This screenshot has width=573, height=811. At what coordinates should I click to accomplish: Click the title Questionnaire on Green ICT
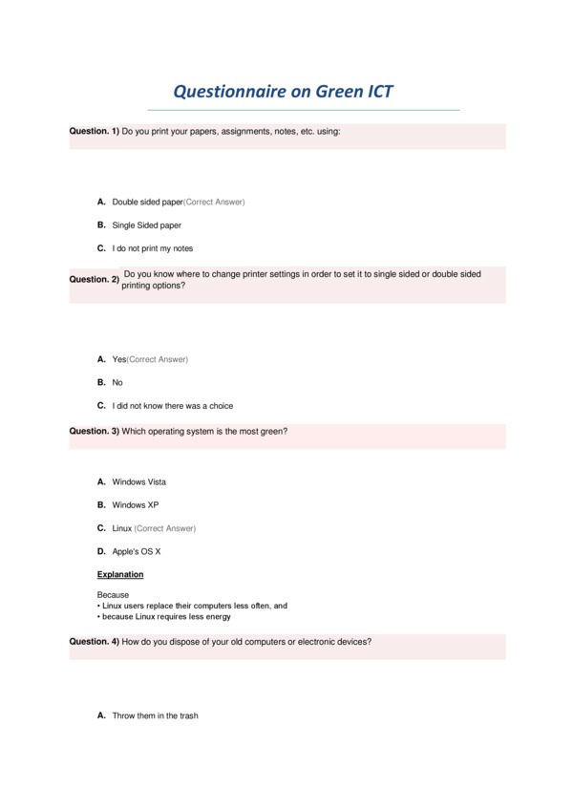pyautogui.click(x=282, y=92)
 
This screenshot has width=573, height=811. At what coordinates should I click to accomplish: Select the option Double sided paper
pyautogui.click(x=147, y=203)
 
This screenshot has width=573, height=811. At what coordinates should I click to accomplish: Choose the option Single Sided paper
pyautogui.click(x=146, y=225)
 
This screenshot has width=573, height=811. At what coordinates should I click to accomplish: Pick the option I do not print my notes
pyautogui.click(x=152, y=249)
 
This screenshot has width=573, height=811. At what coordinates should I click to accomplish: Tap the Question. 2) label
pyautogui.click(x=94, y=280)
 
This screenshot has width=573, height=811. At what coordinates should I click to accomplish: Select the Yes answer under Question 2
pyautogui.click(x=119, y=359)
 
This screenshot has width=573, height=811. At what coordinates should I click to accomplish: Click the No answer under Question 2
pyautogui.click(x=117, y=383)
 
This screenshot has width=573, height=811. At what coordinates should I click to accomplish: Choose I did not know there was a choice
pyautogui.click(x=172, y=406)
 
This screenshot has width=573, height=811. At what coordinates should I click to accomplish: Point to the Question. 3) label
pyautogui.click(x=94, y=432)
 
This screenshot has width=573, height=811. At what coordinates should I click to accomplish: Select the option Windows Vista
pyautogui.click(x=138, y=482)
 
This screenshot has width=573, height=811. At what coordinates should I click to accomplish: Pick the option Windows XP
pyautogui.click(x=135, y=505)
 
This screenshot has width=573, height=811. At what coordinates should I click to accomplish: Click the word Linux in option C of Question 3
pyautogui.click(x=121, y=528)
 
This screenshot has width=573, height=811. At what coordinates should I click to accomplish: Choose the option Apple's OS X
pyautogui.click(x=136, y=552)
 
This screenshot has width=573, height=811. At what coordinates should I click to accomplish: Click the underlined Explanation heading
pyautogui.click(x=120, y=575)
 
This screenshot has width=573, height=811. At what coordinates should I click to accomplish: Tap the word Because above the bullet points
pyautogui.click(x=113, y=595)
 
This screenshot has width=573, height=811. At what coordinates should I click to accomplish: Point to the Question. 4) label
pyautogui.click(x=94, y=642)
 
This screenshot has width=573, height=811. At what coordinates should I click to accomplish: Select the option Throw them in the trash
pyautogui.click(x=155, y=715)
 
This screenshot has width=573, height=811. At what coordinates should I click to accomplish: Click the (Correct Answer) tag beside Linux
pyautogui.click(x=165, y=528)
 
